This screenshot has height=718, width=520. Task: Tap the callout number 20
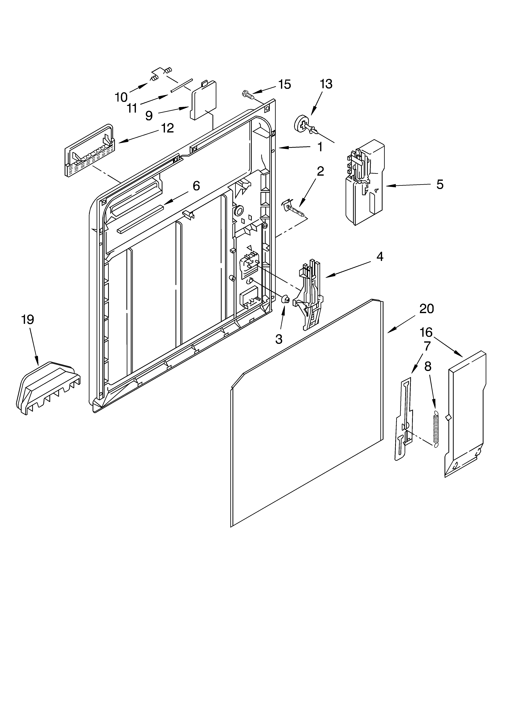(x=427, y=309)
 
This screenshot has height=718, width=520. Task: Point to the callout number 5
(x=440, y=184)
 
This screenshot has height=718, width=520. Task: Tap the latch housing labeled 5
(x=364, y=184)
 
